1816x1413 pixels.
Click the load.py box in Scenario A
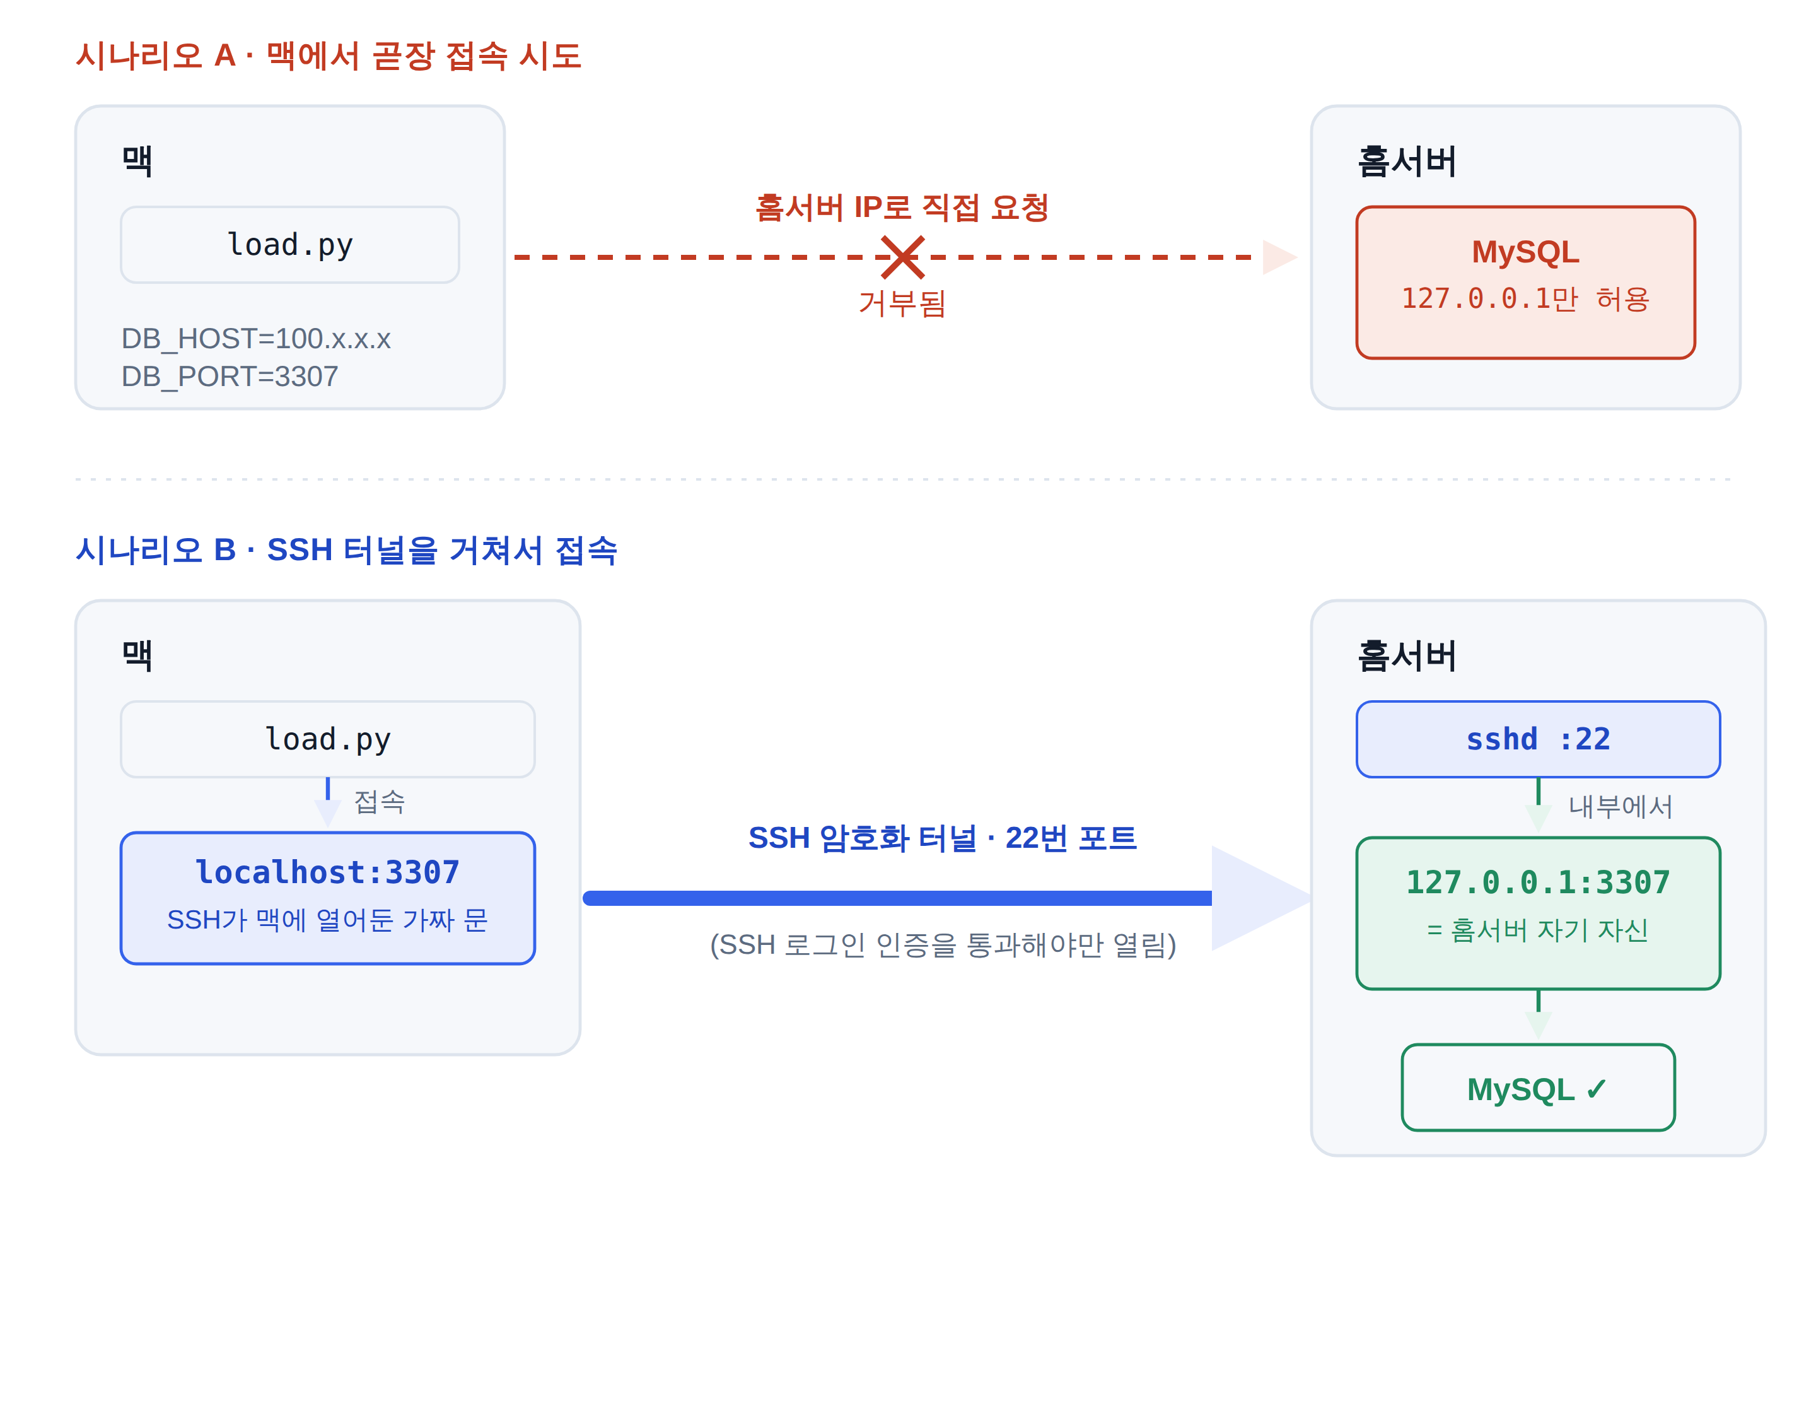click(290, 245)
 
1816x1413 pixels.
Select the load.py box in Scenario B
click(328, 739)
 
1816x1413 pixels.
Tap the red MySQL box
click(1525, 283)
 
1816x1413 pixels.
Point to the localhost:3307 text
click(328, 872)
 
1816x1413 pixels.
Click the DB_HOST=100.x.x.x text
click(256, 339)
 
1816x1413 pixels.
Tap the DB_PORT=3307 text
click(230, 376)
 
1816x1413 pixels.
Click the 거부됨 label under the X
click(902, 303)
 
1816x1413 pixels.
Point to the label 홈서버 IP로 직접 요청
click(902, 207)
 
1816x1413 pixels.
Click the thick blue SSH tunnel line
click(898, 898)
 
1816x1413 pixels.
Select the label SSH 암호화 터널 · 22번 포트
click(942, 838)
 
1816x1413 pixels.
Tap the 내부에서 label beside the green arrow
click(1620, 806)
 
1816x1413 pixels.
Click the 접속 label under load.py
click(379, 802)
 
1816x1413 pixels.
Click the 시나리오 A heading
click(329, 56)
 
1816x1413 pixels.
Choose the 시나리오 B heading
click(347, 549)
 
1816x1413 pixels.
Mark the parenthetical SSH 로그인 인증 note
click(943, 945)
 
